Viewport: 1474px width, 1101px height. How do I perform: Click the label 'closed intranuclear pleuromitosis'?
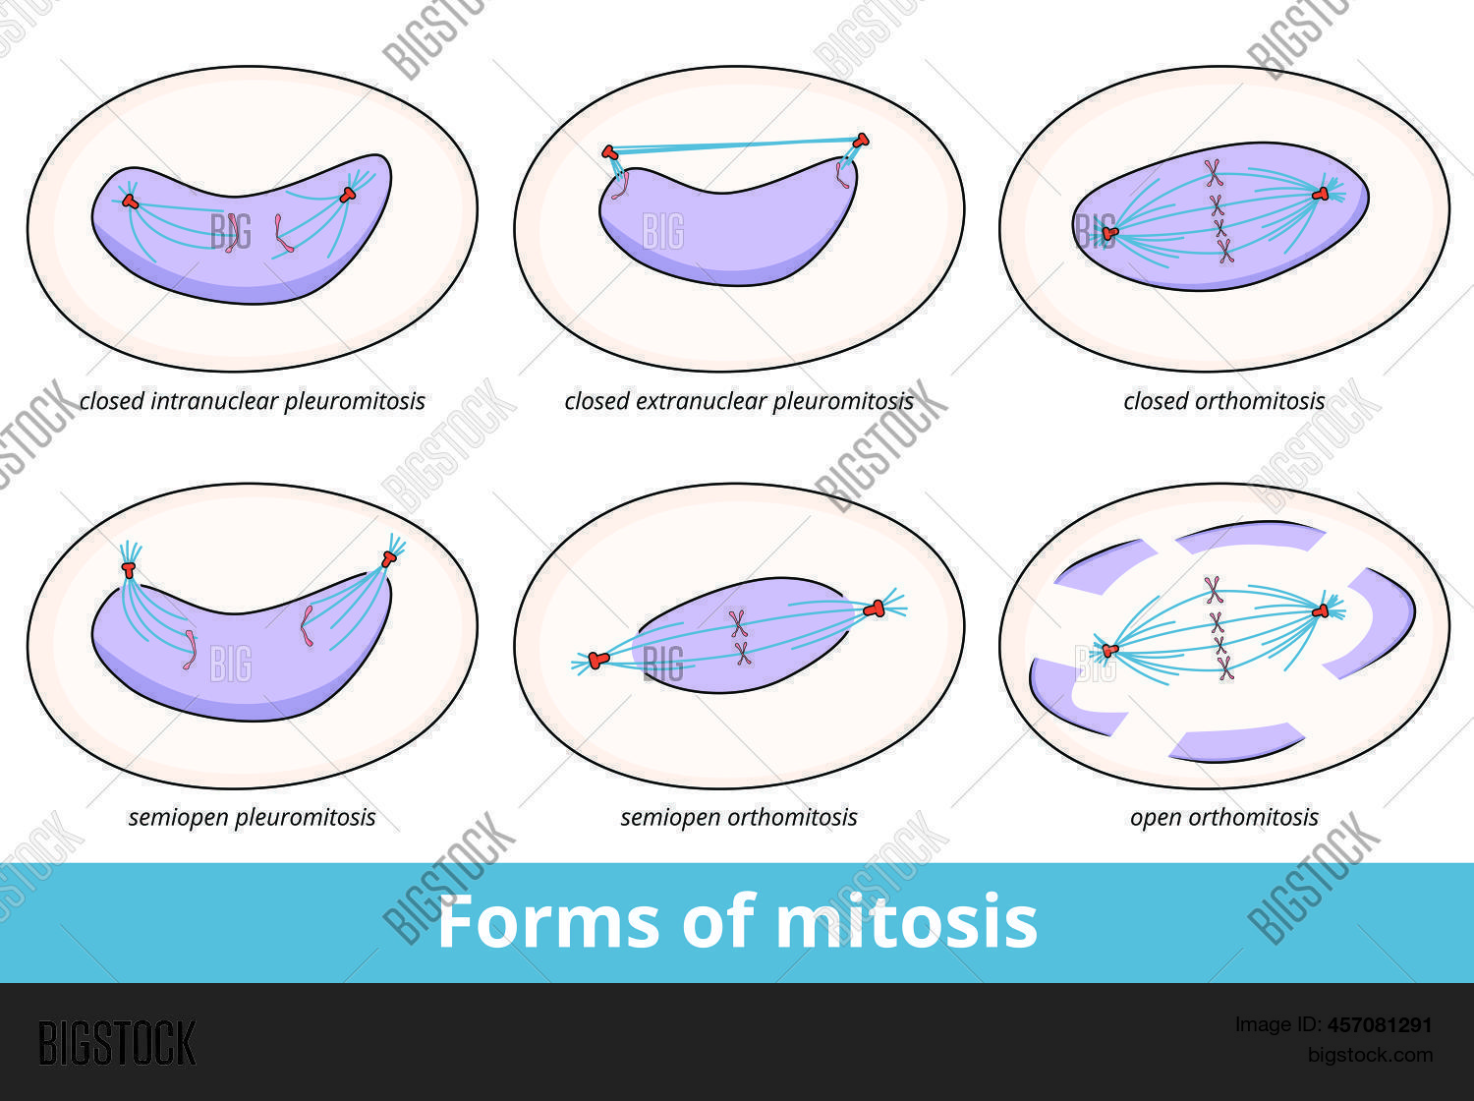252,401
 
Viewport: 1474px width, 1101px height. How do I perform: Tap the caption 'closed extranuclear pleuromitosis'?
738,401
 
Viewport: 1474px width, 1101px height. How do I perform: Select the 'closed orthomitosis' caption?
1223,401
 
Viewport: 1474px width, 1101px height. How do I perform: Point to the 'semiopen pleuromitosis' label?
252,817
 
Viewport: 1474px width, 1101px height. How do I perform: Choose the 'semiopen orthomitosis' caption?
738,817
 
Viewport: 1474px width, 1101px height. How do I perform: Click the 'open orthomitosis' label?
1223,817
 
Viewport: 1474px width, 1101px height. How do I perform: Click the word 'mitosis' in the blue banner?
906,922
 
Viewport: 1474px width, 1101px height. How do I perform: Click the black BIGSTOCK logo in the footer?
117,1043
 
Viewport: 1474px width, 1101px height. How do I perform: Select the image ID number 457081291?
1380,1025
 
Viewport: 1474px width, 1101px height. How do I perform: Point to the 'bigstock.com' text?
1370,1055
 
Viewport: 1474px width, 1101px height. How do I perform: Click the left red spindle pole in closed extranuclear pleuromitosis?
610,152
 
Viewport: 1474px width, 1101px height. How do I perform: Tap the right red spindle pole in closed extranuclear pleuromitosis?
862,140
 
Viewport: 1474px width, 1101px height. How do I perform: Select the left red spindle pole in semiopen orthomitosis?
598,660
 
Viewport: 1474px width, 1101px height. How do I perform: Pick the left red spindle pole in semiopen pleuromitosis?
128,569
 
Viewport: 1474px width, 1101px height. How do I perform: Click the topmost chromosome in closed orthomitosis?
1215,174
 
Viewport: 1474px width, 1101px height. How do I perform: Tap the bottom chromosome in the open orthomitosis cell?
1224,668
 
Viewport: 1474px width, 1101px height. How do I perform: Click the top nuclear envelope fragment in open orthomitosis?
1250,537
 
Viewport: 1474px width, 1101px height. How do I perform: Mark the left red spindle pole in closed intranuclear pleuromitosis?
130,202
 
